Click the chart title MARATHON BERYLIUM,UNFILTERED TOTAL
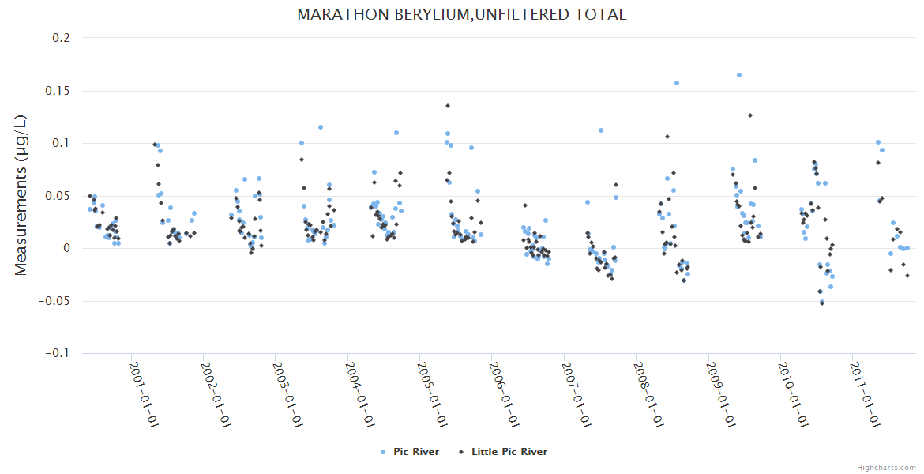click(462, 14)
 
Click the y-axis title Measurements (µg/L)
click(21, 194)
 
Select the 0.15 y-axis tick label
click(58, 91)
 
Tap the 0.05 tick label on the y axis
click(58, 196)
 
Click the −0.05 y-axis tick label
click(55, 301)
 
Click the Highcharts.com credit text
click(886, 467)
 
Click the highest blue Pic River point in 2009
click(739, 75)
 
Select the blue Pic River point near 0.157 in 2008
click(677, 83)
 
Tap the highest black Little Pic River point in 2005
click(448, 106)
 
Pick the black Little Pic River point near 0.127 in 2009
click(750, 115)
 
